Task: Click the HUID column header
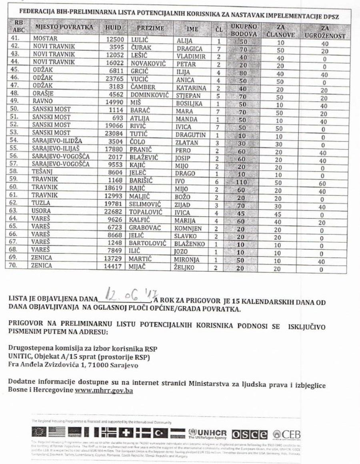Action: click(113, 28)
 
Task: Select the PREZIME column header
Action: click(150, 28)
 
